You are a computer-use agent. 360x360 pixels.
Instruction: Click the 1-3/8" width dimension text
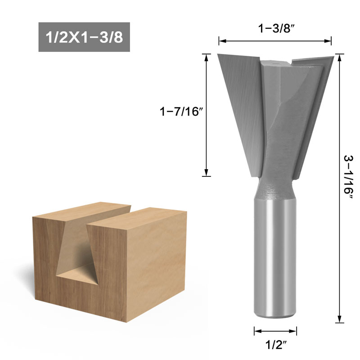point(275,29)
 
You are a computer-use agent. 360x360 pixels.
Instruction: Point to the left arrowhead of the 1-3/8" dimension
point(221,41)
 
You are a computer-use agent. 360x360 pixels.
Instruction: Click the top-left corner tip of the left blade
point(218,54)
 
